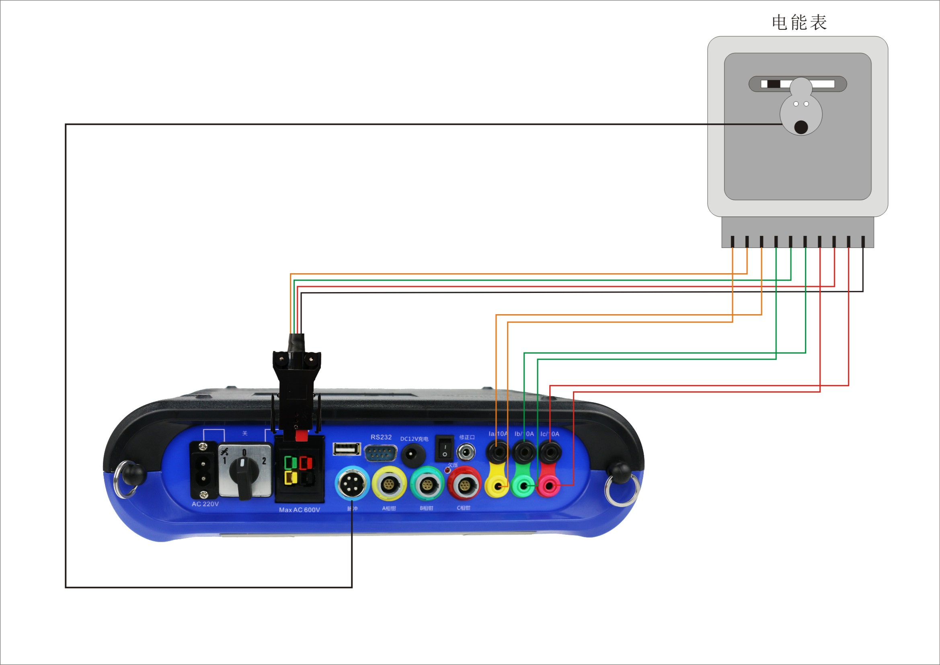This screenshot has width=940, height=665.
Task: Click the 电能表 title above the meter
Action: pyautogui.click(x=799, y=23)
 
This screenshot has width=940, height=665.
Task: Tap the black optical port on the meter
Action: pyautogui.click(x=801, y=127)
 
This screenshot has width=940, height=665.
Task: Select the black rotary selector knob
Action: pyautogui.click(x=242, y=475)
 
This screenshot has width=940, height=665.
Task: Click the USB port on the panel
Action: pyautogui.click(x=347, y=449)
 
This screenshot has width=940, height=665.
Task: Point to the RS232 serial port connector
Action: pyautogui.click(x=380, y=454)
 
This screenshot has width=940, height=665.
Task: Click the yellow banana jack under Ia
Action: pyautogui.click(x=497, y=487)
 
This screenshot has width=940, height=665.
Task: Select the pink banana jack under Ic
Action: pyautogui.click(x=549, y=487)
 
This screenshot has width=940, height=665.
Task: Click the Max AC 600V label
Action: pyautogui.click(x=299, y=510)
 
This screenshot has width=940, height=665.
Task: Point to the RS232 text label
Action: pyautogui.click(x=381, y=437)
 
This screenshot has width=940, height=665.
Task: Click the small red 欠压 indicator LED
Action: pyautogui.click(x=447, y=470)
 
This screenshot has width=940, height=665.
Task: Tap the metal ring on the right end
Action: pyautogui.click(x=622, y=490)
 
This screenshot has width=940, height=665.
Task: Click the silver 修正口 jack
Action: pyautogui.click(x=466, y=452)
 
